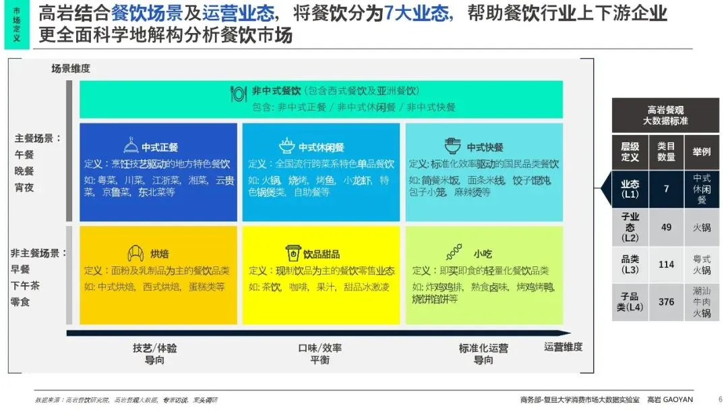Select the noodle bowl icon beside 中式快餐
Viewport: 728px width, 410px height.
(452, 146)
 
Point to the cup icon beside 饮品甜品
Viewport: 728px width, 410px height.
(293, 254)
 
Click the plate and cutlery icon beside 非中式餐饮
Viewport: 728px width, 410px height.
(239, 93)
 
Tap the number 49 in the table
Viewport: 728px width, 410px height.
(666, 227)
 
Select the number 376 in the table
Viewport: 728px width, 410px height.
(666, 301)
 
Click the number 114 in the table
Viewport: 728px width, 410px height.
(666, 264)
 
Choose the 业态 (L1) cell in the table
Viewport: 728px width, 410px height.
(630, 189)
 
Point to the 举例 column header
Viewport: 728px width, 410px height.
(702, 152)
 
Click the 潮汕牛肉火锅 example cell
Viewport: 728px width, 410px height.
(702, 301)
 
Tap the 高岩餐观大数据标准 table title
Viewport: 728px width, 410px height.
(667, 115)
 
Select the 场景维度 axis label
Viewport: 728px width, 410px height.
(71, 68)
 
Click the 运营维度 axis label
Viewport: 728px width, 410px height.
(563, 347)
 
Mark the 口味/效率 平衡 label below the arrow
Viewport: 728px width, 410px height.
(320, 354)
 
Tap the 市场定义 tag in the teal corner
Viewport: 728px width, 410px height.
(17, 24)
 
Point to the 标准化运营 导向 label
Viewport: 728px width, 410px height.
(483, 354)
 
